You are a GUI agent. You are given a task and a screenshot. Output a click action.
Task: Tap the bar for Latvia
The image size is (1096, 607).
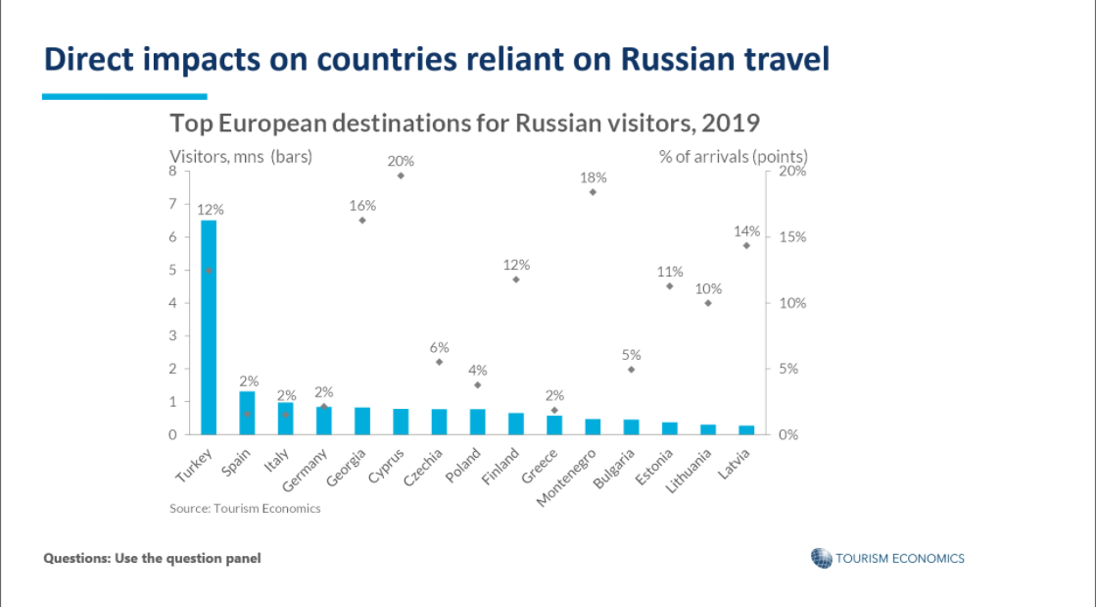point(746,430)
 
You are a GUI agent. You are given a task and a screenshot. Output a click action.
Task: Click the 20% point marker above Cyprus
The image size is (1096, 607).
point(401,176)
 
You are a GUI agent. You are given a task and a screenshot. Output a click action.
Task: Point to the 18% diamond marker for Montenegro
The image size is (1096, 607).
point(593,192)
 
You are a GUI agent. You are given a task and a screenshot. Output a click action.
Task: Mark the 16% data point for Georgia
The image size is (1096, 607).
point(362,220)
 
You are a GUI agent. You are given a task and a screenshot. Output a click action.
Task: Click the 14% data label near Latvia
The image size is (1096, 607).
point(746,231)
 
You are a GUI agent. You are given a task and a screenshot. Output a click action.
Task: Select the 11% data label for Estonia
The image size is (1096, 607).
point(670,272)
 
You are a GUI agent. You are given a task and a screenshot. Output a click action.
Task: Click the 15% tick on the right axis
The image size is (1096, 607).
point(790,237)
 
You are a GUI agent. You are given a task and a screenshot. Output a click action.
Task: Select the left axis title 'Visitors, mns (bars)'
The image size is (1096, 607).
point(241,156)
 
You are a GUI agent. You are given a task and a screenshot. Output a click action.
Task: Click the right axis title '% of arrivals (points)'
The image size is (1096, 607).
point(734,156)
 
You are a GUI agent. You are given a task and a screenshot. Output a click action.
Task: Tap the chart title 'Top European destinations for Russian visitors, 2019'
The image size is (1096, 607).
point(465,124)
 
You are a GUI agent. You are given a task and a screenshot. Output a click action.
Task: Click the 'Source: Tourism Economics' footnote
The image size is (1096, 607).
point(245,508)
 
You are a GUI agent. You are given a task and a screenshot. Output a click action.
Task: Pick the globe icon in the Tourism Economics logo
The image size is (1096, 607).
point(821,558)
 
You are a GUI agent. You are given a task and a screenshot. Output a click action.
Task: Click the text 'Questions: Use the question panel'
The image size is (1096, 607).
point(152,558)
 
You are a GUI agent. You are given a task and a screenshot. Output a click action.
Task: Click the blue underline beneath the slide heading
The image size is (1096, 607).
point(124,96)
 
